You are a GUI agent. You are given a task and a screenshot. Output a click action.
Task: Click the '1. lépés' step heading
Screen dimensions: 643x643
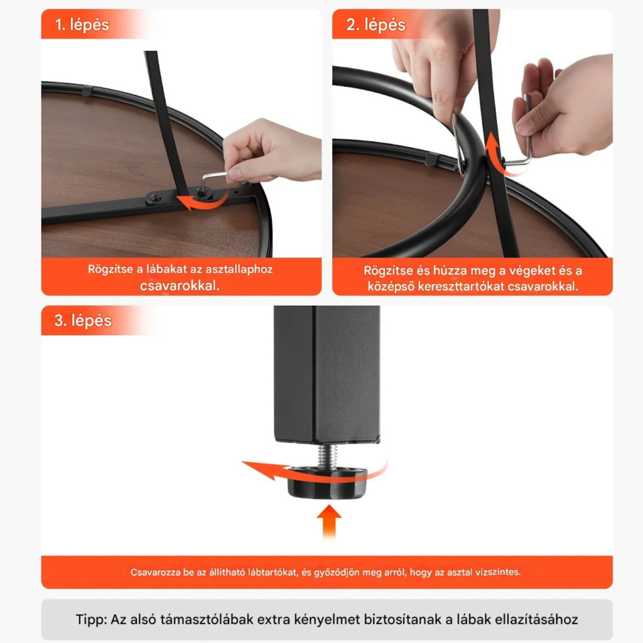click(82, 25)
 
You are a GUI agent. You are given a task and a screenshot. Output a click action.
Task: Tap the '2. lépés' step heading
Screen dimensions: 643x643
click(376, 25)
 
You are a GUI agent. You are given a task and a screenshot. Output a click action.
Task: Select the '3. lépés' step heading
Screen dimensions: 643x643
click(83, 321)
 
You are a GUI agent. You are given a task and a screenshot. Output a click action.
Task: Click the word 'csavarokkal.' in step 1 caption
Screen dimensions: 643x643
click(180, 286)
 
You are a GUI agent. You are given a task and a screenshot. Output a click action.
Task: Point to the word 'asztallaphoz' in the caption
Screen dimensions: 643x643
click(239, 269)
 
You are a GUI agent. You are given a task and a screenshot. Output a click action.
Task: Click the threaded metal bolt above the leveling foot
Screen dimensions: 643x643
click(328, 456)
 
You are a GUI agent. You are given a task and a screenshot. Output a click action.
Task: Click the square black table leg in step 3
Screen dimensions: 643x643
click(327, 374)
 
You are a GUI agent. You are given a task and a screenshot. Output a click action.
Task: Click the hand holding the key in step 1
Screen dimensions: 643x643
click(271, 152)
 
